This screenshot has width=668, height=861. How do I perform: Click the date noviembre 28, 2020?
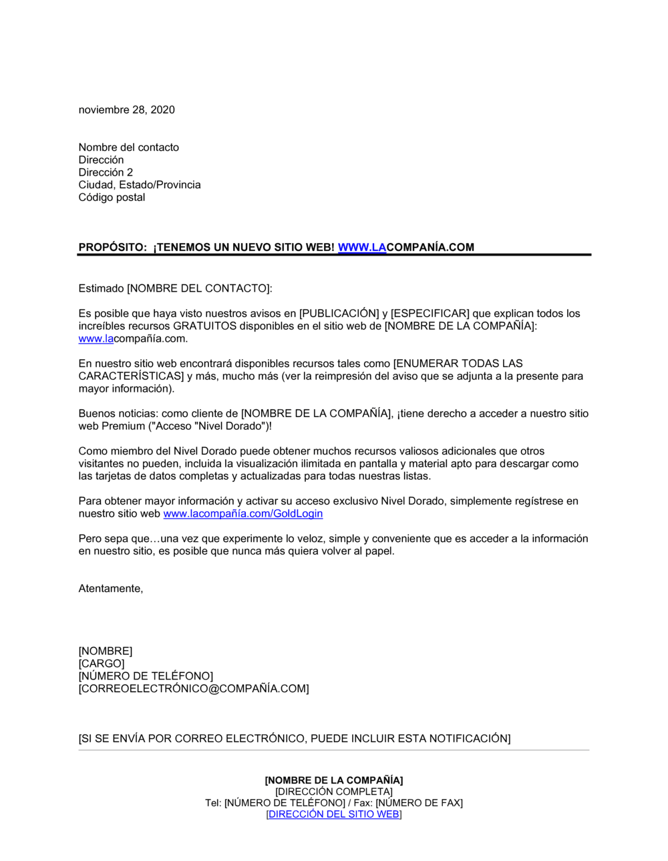coord(126,110)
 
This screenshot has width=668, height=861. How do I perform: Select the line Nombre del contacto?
coord(128,148)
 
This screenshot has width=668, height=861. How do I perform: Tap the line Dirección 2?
coord(106,172)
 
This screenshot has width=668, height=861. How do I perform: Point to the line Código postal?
coord(112,198)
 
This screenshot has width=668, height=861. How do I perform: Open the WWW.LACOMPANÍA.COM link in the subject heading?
coord(405,248)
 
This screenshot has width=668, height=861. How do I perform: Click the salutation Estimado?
coord(101,288)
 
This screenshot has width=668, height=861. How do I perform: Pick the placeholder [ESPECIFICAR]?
coord(430,314)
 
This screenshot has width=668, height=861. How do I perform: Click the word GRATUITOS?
coord(204,326)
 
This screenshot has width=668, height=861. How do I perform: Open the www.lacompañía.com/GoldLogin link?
coord(242,514)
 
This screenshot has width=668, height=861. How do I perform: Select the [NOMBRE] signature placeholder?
coord(106,651)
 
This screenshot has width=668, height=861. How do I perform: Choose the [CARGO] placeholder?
coord(102,664)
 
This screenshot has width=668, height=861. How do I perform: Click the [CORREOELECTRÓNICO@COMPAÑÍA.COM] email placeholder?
coord(194,689)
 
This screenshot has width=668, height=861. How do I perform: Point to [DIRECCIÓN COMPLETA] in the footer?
coord(334,792)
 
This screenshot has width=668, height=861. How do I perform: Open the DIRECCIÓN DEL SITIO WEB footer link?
coord(334,814)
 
